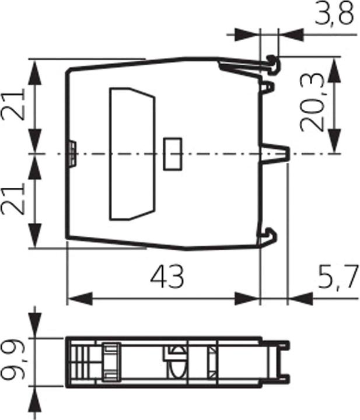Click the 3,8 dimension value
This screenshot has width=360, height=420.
tap(334, 14)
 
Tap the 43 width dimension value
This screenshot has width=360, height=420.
tap(167, 276)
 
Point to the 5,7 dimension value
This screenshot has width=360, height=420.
tap(338, 277)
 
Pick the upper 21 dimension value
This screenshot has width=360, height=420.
tap(13, 106)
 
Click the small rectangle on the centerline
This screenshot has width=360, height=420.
tap(173, 154)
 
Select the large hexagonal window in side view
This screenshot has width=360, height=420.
tap(132, 154)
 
